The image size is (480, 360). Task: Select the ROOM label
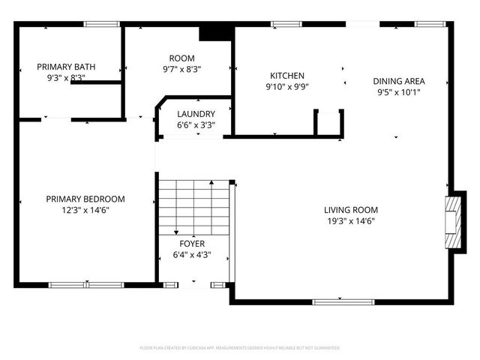(181, 58)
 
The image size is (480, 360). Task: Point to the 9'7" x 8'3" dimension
(181, 69)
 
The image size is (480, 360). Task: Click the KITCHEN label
(287, 76)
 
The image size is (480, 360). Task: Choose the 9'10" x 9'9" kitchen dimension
(287, 86)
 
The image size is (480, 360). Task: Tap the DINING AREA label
(400, 81)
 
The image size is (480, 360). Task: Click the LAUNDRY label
(196, 114)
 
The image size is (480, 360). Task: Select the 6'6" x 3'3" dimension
(196, 125)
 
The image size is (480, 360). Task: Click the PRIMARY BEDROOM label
(85, 199)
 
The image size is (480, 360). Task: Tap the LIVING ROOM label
(351, 210)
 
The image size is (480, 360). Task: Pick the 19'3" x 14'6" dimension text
(351, 221)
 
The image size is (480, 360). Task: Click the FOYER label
(191, 244)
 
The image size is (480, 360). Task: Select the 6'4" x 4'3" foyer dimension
(191, 254)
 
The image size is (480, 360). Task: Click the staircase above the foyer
(193, 206)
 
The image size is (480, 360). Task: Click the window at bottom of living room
(332, 301)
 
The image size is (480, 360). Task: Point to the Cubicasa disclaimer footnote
(240, 348)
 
